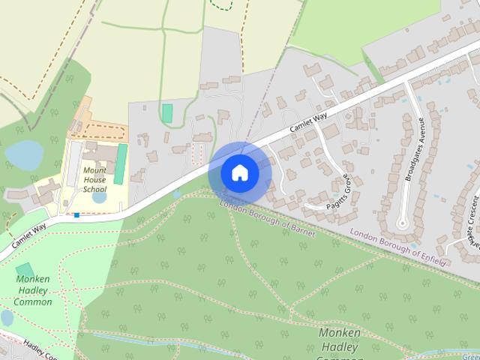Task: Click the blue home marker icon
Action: [x=239, y=172]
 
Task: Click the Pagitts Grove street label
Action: [x=339, y=192]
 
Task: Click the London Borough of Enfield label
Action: [x=398, y=247]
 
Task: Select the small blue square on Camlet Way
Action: [x=76, y=215]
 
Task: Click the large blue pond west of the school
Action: [x=24, y=154]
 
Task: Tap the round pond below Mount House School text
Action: [x=99, y=198]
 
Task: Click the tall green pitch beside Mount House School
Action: [x=120, y=163]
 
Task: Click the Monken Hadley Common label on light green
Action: [x=34, y=290]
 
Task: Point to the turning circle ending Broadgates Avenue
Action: [x=403, y=223]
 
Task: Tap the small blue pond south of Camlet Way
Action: [x=176, y=194]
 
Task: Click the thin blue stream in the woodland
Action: [x=150, y=341]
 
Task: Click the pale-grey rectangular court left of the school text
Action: [x=74, y=164]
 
